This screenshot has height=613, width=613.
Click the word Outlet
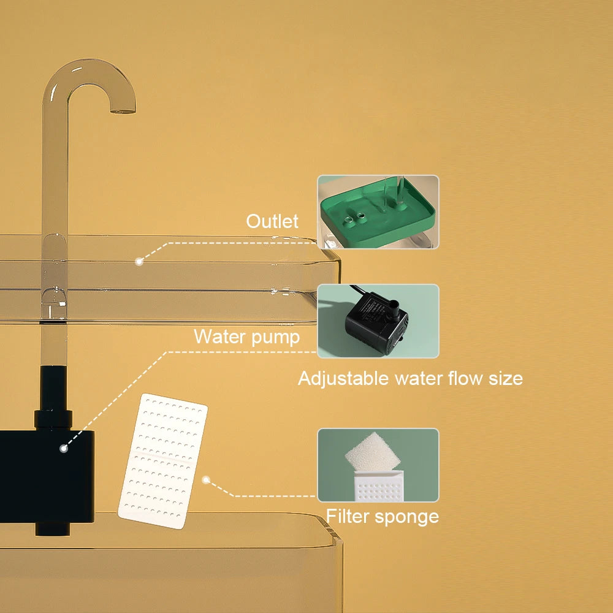point(272,221)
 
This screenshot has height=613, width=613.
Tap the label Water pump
point(246,337)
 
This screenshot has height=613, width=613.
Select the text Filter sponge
point(382,516)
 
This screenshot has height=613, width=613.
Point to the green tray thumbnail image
point(378,212)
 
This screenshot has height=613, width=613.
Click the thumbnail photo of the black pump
point(378,321)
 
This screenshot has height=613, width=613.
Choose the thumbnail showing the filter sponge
point(378,465)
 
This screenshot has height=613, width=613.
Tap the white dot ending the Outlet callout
point(139,261)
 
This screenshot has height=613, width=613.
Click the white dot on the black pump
point(63,448)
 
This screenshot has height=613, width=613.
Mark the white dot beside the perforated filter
point(207,481)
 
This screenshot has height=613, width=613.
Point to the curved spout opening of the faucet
point(123,111)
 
